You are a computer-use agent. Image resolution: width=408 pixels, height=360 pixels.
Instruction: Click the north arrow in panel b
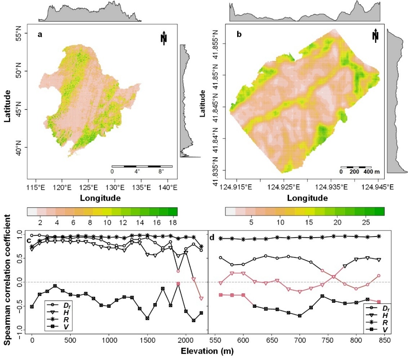[375, 35]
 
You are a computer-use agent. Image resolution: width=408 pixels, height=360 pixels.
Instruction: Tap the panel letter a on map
[40, 34]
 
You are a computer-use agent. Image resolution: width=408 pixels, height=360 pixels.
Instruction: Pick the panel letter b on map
[239, 35]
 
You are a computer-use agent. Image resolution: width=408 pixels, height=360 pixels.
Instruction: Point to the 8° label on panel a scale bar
[161, 171]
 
